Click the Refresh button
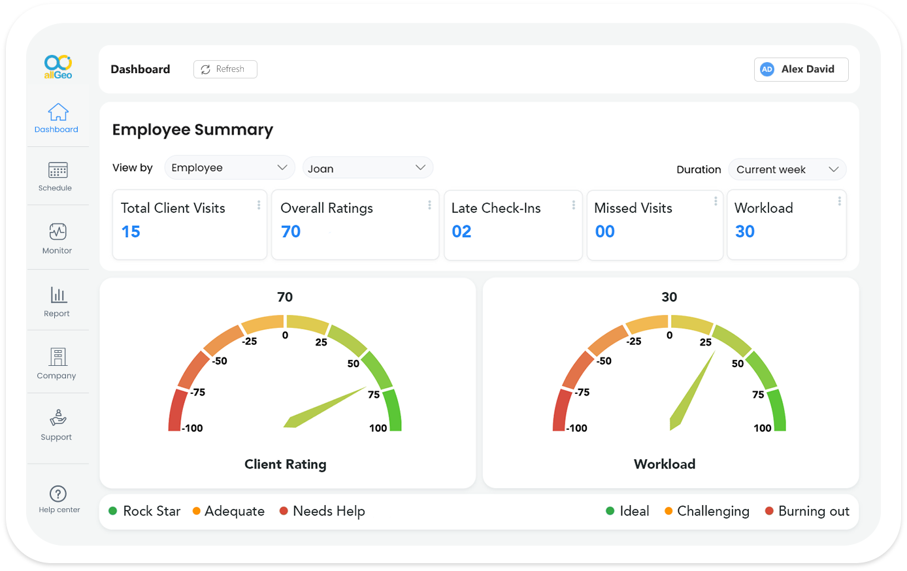click(225, 69)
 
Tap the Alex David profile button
click(800, 69)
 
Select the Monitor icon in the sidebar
click(58, 232)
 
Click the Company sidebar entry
click(58, 363)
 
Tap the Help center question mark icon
click(58, 494)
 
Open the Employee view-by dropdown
click(229, 168)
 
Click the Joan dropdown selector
click(367, 168)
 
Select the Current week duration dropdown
click(787, 170)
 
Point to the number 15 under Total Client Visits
click(131, 232)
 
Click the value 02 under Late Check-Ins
click(461, 232)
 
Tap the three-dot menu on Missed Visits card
click(716, 201)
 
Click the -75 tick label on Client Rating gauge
click(197, 393)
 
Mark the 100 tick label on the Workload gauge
click(762, 429)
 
